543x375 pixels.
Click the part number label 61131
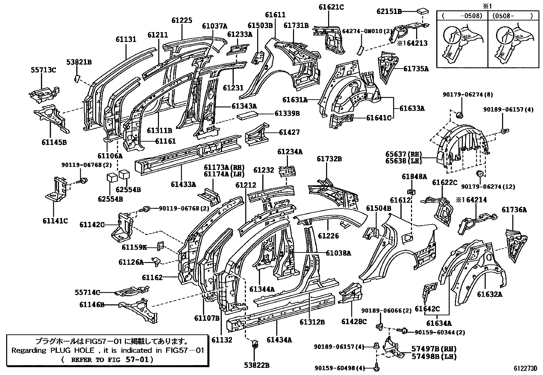[126, 39]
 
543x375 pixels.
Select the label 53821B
[79, 62]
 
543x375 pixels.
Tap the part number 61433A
[184, 185]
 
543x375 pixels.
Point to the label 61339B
[287, 113]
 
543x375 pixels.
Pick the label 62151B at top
[388, 11]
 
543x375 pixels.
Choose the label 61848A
[414, 176]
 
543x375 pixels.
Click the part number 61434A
[279, 340]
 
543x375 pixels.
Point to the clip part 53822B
[254, 345]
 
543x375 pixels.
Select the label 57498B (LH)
[429, 357]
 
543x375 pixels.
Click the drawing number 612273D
[526, 369]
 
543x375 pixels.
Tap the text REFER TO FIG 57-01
[107, 359]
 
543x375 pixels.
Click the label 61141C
[55, 221]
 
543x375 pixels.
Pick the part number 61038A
[338, 253]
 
